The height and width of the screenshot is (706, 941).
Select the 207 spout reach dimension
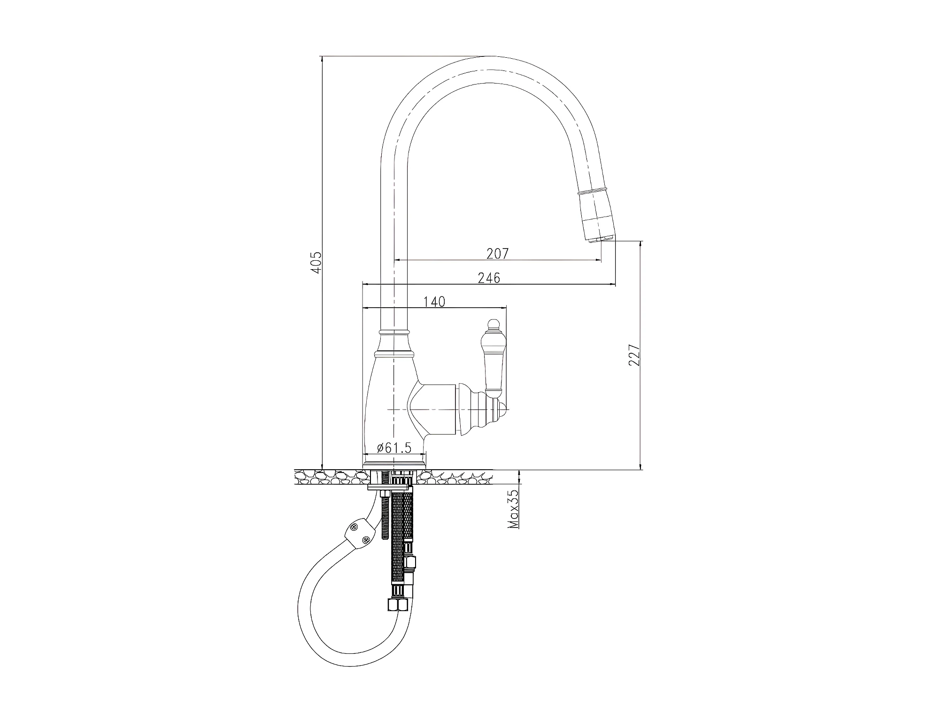(x=497, y=254)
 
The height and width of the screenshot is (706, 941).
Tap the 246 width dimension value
(x=489, y=278)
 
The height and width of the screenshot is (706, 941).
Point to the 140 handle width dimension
(x=434, y=302)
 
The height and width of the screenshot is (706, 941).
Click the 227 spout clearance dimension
(x=634, y=355)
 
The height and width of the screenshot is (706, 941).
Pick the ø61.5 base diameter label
(x=394, y=448)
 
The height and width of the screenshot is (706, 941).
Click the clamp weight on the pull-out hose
(x=361, y=534)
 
